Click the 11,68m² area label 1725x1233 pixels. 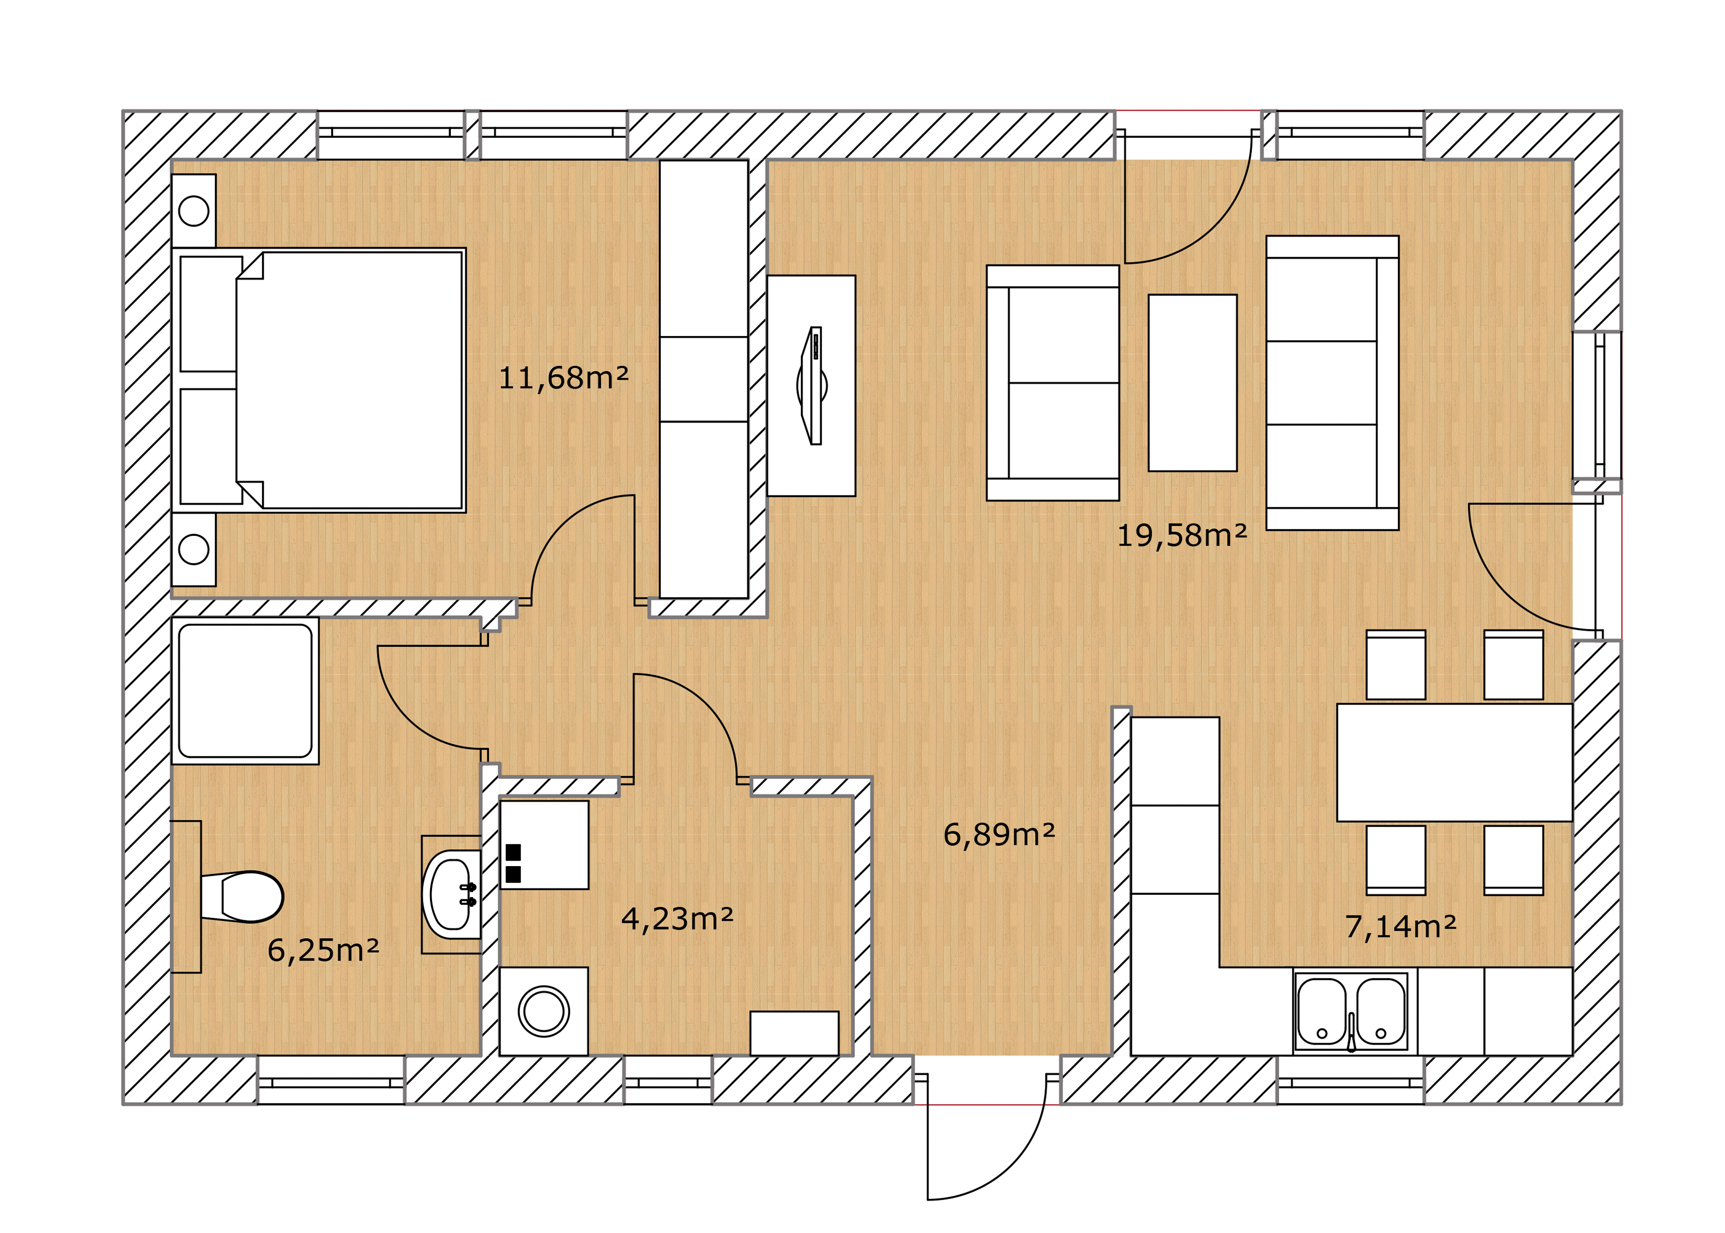[563, 378]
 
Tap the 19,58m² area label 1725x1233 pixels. [1181, 536]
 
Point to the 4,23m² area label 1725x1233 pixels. [677, 919]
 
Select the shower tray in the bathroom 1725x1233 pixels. [245, 690]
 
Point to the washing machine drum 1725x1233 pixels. [544, 1011]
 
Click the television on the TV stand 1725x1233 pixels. [812, 386]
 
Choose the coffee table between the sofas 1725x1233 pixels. [1192, 383]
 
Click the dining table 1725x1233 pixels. [1454, 762]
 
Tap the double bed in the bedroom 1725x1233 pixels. [319, 380]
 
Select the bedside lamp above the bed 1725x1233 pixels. [193, 211]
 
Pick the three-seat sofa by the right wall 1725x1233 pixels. [1332, 383]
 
